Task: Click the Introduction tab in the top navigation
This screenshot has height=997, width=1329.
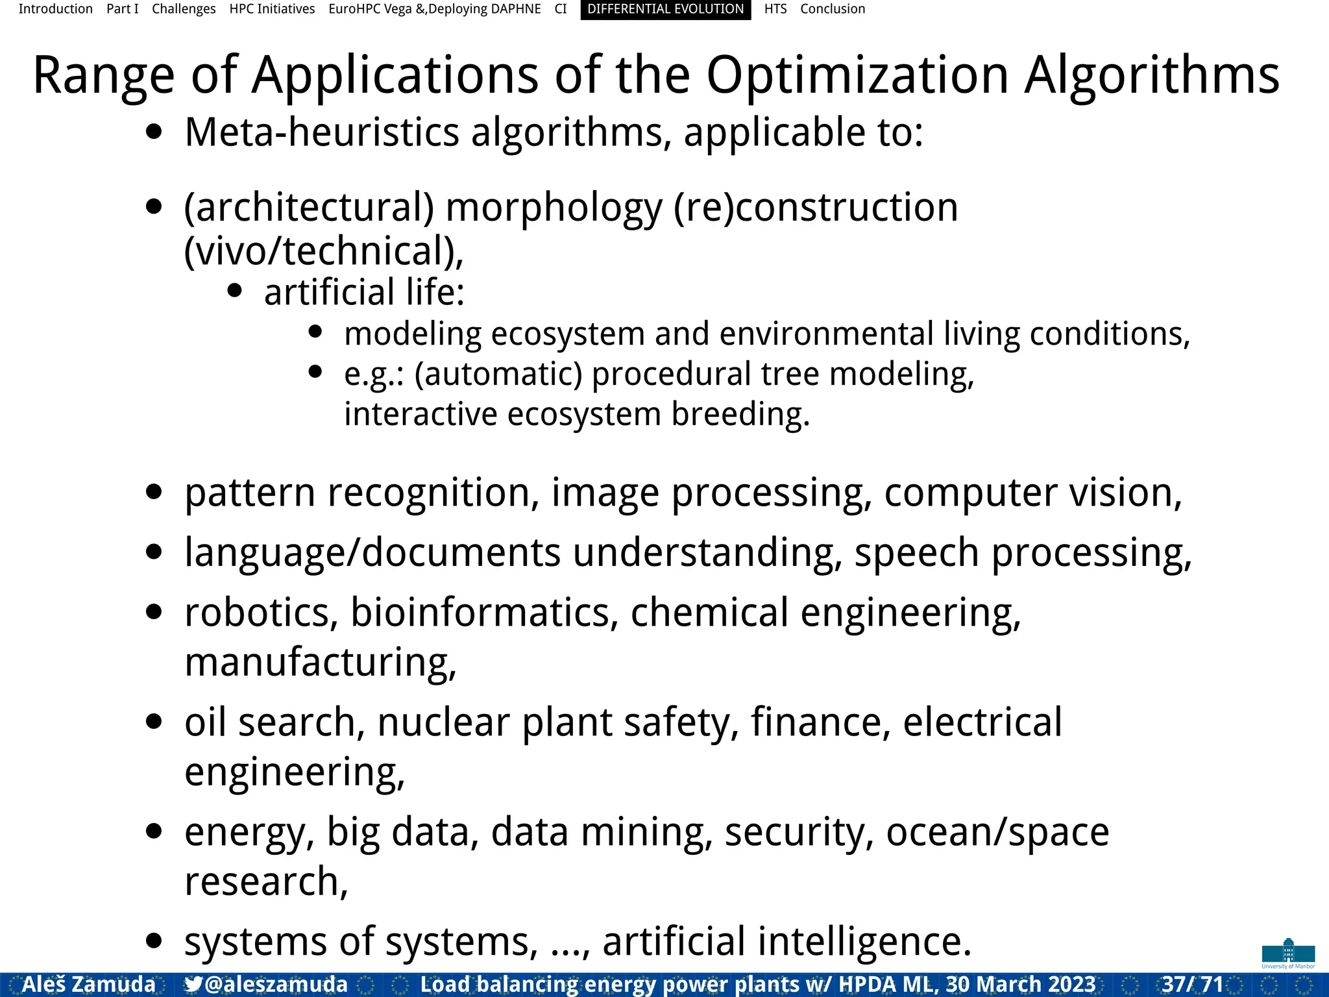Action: [x=55, y=9]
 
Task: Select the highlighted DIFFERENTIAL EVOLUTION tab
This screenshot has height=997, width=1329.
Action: [x=665, y=9]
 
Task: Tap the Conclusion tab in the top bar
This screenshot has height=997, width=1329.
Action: [x=832, y=9]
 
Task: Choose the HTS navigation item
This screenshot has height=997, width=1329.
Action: [x=775, y=9]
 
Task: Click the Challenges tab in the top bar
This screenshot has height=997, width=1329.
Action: [x=184, y=9]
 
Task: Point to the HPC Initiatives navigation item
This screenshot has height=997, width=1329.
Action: [x=272, y=9]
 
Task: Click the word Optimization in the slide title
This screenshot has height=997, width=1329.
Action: [x=857, y=76]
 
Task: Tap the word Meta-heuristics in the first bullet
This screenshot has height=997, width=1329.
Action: [x=322, y=132]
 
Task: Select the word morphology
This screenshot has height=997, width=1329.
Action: [x=554, y=208]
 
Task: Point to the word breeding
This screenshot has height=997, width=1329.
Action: [x=740, y=414]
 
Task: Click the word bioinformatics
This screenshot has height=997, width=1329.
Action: [x=484, y=612]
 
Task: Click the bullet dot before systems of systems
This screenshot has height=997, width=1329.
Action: [x=154, y=941]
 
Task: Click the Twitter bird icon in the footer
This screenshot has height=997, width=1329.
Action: [x=193, y=984]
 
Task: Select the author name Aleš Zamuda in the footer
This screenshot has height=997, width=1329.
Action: [x=89, y=984]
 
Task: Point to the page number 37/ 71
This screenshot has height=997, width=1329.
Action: [x=1192, y=984]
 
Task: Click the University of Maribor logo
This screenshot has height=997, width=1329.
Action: [x=1288, y=954]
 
